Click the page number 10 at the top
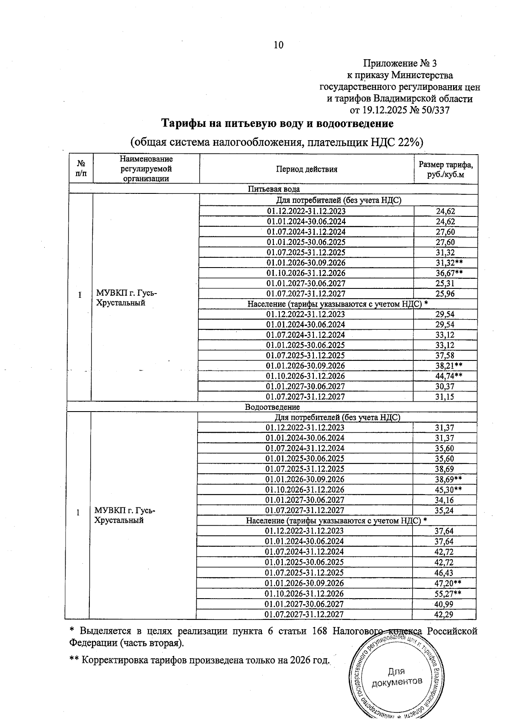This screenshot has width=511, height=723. (x=278, y=45)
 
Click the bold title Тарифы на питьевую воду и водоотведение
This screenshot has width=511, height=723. (x=277, y=124)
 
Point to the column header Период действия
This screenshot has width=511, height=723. (x=306, y=169)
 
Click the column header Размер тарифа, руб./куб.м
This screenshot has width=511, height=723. (x=445, y=169)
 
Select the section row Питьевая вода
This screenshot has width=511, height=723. (x=274, y=189)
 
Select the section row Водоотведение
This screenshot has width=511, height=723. (x=272, y=407)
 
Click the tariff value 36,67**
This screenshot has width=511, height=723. (x=449, y=273)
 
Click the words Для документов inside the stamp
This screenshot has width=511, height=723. (x=396, y=677)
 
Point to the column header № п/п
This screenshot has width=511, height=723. (x=80, y=169)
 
